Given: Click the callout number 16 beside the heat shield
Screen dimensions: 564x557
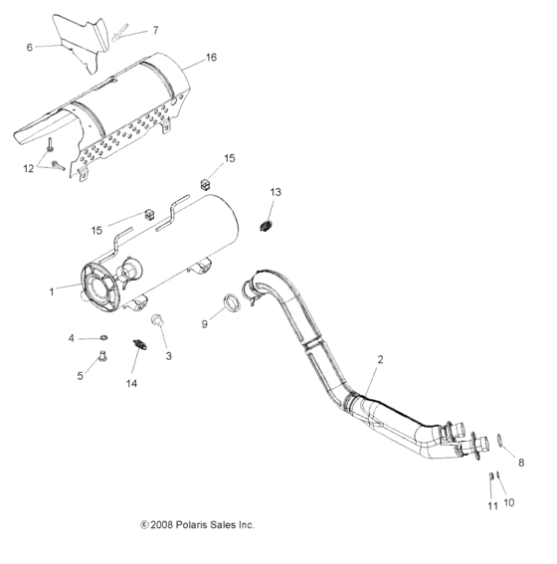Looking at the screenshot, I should coord(210,59).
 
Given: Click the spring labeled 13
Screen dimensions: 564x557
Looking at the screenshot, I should coord(266,225).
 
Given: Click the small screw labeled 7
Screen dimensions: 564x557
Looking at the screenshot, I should coord(120,34).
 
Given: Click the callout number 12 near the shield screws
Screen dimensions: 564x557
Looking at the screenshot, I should coord(28,168).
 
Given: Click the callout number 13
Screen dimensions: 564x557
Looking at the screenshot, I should coord(276,191).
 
